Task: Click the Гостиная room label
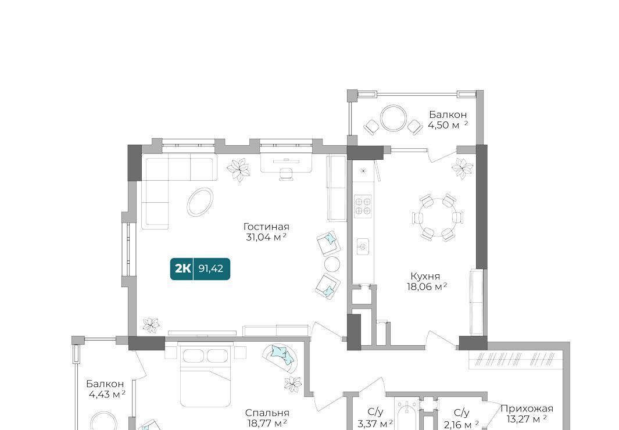click(266, 227)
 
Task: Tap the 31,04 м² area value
click(266, 237)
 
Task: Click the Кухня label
click(425, 276)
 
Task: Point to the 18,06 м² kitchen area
click(427, 286)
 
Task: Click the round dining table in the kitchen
click(438, 217)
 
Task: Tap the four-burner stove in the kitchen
click(363, 206)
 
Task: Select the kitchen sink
click(363, 247)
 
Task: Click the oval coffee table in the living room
click(200, 202)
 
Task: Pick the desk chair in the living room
click(286, 174)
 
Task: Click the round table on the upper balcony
click(393, 117)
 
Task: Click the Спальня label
click(267, 413)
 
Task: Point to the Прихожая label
click(527, 408)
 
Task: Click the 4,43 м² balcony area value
click(106, 394)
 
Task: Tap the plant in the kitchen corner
click(462, 168)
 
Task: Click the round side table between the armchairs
click(332, 264)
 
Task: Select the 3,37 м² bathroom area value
click(375, 424)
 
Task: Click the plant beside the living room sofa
click(238, 170)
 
